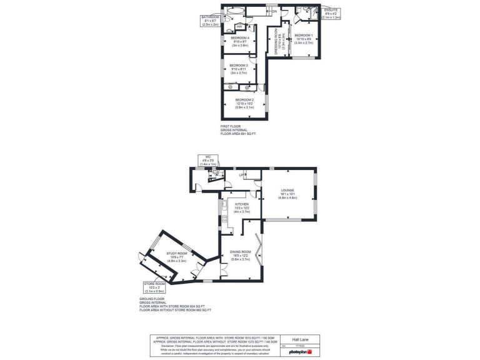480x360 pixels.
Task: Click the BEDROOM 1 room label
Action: (304, 35)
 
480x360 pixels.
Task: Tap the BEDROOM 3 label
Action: (239, 66)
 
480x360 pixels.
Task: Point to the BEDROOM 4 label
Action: (239, 39)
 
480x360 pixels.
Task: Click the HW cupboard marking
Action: (239, 27)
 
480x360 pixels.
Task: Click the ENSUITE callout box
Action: (331, 14)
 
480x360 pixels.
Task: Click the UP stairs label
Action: (241, 175)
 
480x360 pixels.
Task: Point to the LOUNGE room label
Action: (287, 190)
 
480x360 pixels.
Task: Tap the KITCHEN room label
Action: (242, 204)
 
